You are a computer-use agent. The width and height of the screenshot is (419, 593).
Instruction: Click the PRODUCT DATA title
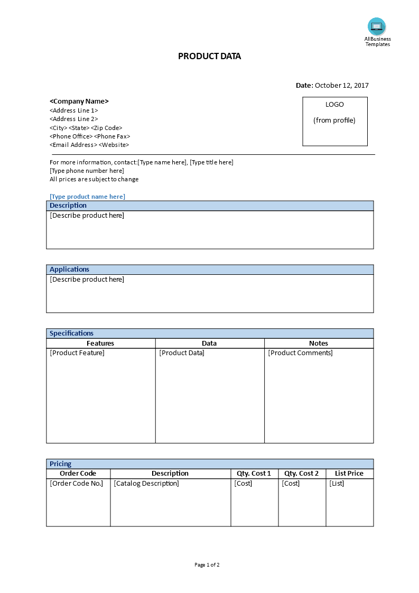[x=209, y=57]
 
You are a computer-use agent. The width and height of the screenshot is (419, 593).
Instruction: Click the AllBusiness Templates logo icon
[x=377, y=26]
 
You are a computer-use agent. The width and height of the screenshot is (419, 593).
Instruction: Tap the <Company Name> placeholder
[x=79, y=101]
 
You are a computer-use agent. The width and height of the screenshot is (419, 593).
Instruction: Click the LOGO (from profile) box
[x=334, y=121]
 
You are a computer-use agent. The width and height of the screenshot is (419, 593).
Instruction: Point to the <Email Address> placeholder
[x=73, y=145]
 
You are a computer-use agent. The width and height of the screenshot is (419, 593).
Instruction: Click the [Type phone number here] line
[x=87, y=171]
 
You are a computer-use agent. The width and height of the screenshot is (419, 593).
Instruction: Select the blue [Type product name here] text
[x=87, y=197]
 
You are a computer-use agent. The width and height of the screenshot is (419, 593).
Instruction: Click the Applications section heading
[x=69, y=270]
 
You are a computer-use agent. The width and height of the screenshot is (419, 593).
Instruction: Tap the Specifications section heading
[x=71, y=333]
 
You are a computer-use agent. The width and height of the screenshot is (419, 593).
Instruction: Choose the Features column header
[x=100, y=344]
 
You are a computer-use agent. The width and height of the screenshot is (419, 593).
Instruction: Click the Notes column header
[x=319, y=344]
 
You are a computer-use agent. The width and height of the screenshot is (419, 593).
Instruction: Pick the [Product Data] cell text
[x=182, y=353]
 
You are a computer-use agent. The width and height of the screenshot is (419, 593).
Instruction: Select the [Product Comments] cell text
[x=300, y=353]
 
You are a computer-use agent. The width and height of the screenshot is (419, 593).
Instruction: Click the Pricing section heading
[x=60, y=464]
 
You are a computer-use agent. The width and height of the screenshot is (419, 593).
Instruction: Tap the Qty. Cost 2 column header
[x=302, y=474]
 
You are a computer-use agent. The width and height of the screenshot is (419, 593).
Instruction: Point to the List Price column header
[x=349, y=474]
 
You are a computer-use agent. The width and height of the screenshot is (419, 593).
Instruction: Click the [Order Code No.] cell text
[x=77, y=484]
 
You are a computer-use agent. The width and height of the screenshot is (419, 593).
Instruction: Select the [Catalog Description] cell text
[x=146, y=484]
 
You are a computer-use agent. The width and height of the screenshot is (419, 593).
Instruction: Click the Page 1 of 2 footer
[x=207, y=565]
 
